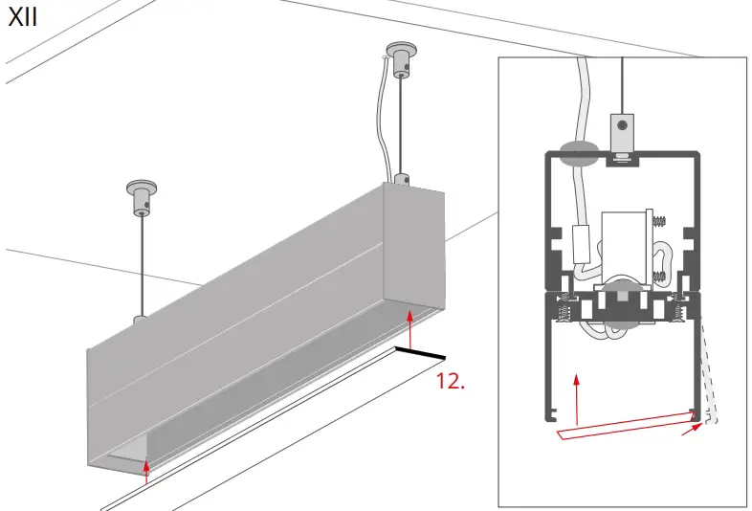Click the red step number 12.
coord(451,381)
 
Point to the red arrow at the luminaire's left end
coord(145,468)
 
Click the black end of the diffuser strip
coord(421,353)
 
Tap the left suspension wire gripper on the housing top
coord(140,320)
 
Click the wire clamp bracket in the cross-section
coord(623,133)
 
